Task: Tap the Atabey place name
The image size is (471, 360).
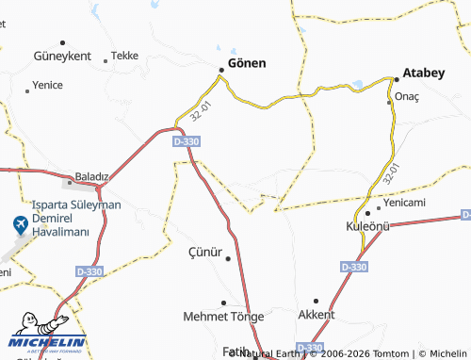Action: pos(430,71)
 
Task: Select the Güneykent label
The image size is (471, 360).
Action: pos(61,56)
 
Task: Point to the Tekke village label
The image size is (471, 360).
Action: pos(124,56)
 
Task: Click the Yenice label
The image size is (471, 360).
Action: pos(47,84)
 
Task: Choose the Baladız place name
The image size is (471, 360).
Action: pos(92,176)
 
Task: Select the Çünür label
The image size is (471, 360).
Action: pos(205,252)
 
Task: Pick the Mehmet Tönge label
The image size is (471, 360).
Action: pos(223,316)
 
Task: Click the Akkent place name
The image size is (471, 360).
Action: pos(316,314)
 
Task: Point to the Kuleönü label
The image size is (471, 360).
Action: pos(367,227)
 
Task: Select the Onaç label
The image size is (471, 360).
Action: pos(407,97)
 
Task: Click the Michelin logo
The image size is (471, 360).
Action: pos(47,339)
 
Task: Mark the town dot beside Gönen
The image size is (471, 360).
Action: pos(221,69)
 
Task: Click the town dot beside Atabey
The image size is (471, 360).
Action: pos(396,78)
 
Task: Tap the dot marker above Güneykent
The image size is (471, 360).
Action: pos(62,42)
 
